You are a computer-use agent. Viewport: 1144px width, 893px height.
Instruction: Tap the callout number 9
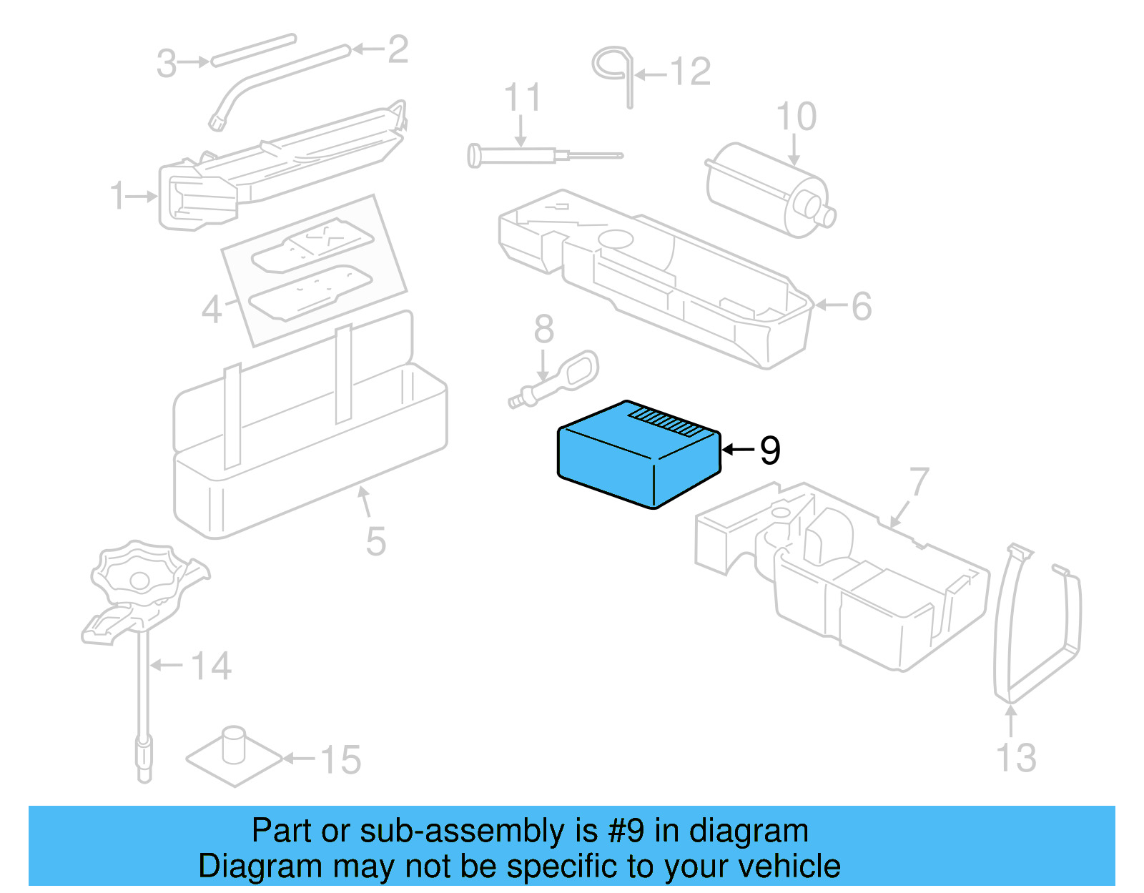[770, 450]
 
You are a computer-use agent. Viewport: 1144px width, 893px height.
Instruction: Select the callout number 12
[690, 72]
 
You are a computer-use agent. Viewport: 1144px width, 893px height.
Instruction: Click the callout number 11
[522, 97]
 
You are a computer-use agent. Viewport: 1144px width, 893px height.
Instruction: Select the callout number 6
[862, 306]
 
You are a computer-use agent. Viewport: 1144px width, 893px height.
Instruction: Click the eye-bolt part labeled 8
[565, 379]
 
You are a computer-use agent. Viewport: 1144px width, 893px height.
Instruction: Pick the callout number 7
[919, 482]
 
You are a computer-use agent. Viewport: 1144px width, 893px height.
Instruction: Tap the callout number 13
[1016, 758]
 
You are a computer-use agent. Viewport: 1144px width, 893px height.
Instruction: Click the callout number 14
[211, 666]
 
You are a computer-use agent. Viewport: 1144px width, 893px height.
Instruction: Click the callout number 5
[375, 541]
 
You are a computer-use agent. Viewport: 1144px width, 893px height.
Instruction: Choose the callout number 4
[212, 310]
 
